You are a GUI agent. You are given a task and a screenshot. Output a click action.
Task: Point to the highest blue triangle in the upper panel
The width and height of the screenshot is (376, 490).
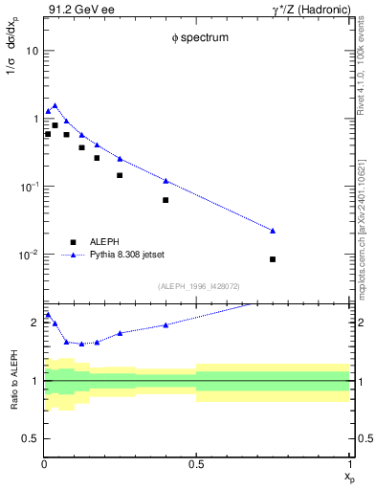[x=55, y=105]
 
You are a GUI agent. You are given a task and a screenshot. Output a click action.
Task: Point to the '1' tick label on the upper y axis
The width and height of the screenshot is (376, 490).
[x=34, y=119]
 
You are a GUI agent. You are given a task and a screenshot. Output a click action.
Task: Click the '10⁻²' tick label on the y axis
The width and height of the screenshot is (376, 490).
[x=29, y=256]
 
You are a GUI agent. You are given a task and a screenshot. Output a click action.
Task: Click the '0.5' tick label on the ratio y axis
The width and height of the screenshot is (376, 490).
[x=31, y=438]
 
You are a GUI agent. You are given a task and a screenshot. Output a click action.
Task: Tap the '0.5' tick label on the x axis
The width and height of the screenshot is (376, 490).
[x=196, y=464]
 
